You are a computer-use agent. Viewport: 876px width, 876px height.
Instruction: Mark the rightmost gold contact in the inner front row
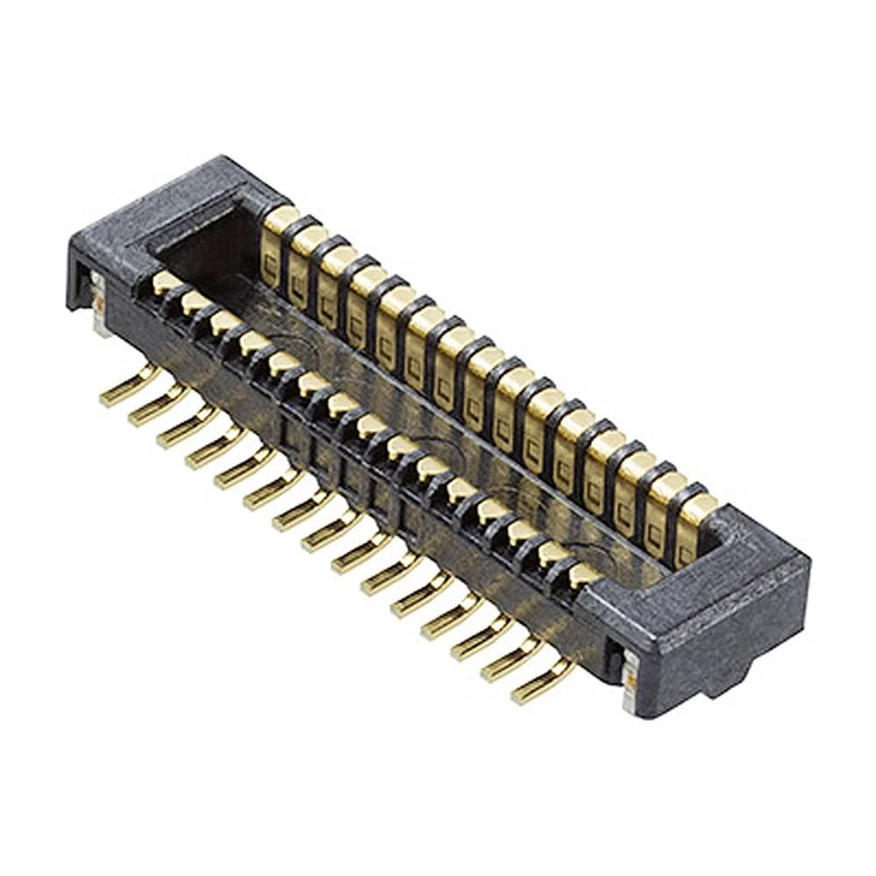click(x=583, y=575)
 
